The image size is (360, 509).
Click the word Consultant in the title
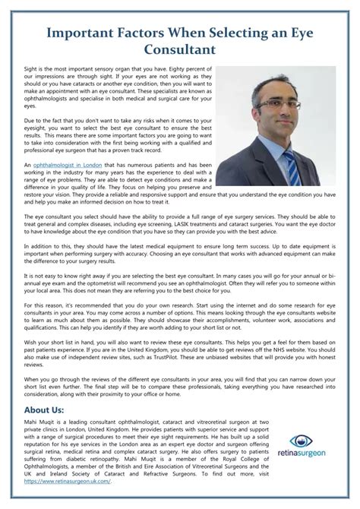click(x=180, y=49)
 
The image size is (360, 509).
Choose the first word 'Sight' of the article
click(x=32, y=68)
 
